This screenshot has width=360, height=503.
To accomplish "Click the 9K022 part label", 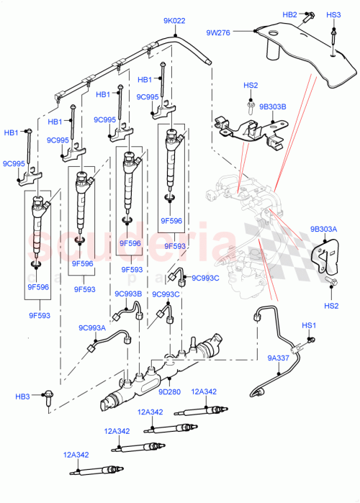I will tap(175, 21).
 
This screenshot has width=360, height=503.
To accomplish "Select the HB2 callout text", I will tap(289, 14).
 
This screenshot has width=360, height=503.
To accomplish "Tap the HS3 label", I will tap(333, 14).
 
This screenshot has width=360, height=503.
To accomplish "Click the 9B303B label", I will tap(274, 107).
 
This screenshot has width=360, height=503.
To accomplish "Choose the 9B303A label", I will tap(323, 230).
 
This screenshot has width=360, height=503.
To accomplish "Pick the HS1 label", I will tap(310, 326).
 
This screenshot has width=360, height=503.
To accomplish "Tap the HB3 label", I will tap(23, 396).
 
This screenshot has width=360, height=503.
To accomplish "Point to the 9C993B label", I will tap(127, 294).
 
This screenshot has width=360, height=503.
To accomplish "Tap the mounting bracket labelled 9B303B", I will tap(248, 132).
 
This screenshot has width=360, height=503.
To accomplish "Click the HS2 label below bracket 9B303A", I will tap(331, 306).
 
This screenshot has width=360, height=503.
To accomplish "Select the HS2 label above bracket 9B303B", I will tap(250, 86).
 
